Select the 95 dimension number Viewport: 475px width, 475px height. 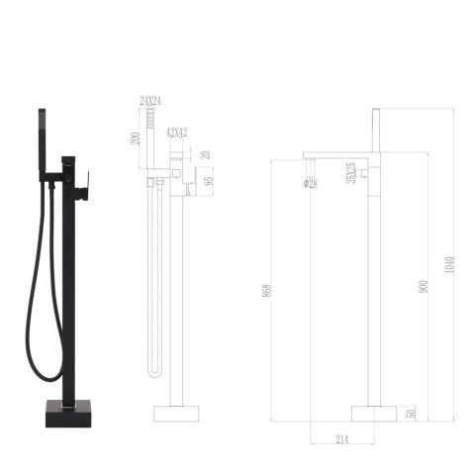[209, 177]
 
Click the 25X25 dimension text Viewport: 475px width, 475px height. [351, 175]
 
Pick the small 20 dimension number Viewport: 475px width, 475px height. [208, 154]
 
